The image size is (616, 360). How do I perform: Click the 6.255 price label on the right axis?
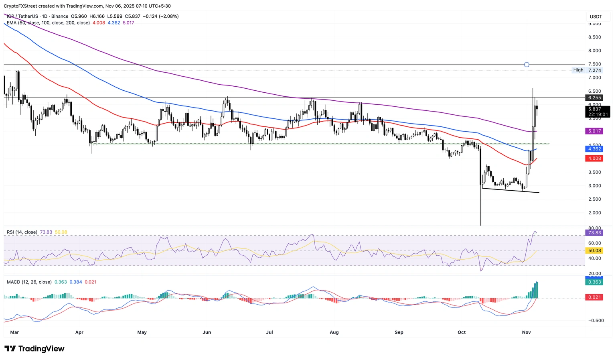[x=594, y=98]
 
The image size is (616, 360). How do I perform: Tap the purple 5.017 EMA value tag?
[x=594, y=131]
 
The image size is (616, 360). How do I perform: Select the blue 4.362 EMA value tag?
[x=594, y=149]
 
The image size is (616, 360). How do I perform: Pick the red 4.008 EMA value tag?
[x=594, y=159]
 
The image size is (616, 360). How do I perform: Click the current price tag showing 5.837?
[x=595, y=109]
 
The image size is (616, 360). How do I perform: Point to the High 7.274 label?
[x=587, y=70]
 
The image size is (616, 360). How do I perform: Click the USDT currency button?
[x=596, y=16]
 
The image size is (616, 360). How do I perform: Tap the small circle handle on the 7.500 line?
[x=527, y=65]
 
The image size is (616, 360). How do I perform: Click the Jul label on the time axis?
[x=269, y=332]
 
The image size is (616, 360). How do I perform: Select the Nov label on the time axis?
[x=527, y=332]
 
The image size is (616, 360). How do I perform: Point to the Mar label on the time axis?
[x=14, y=332]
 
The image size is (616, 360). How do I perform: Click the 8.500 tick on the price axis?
[x=594, y=37]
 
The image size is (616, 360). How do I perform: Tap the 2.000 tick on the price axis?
[x=594, y=213]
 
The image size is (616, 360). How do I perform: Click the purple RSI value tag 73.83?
[x=594, y=233]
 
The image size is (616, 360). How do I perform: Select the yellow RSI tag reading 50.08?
[x=594, y=251]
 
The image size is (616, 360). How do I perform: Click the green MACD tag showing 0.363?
[x=594, y=282]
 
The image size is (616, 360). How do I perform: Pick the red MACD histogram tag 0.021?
[x=594, y=297]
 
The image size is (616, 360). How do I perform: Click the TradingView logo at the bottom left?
[x=34, y=349]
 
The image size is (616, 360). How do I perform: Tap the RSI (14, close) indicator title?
[x=22, y=232]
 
